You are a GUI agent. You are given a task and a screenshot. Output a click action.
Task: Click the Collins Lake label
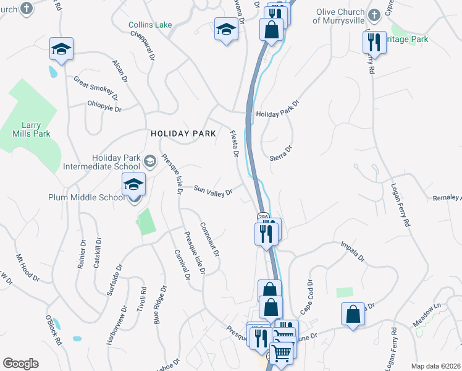point(150,25)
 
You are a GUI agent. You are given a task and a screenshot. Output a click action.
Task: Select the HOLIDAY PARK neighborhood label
point(183,134)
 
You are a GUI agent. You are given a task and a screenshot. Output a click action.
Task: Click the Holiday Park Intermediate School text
point(102,162)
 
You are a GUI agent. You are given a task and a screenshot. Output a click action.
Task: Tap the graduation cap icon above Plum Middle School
point(133,184)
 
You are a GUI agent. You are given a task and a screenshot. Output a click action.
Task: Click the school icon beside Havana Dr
point(226,29)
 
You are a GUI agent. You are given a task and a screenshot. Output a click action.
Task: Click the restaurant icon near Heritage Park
point(374,42)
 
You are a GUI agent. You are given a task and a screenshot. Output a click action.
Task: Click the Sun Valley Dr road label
point(213,190)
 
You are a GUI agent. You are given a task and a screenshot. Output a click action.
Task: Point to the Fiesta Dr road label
point(234,143)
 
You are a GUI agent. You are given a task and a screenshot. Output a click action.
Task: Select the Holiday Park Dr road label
point(277,109)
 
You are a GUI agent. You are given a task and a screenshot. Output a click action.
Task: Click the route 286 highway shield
point(264,216)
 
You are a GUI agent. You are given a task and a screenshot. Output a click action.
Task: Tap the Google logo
point(20,364)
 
